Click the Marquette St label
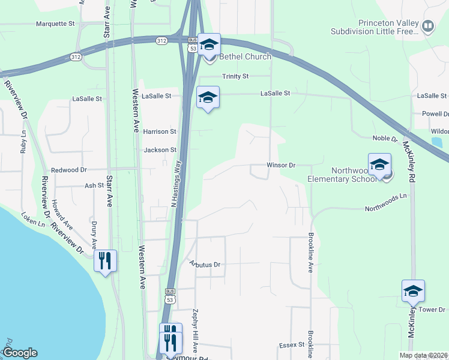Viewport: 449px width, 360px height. coord(55,24)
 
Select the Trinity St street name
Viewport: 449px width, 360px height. coord(235,76)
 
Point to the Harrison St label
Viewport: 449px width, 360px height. coord(160,131)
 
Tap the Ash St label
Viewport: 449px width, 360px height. coord(94,186)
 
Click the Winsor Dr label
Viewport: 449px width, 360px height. coord(282,165)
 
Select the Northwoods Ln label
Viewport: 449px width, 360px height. coord(386,209)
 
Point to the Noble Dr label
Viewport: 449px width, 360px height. coord(385,139)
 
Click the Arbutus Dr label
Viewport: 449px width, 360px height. coord(205,264)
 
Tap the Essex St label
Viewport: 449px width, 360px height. coord(292,346)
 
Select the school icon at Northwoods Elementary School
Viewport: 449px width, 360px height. coord(379,164)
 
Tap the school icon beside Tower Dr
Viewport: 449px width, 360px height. coord(413,291)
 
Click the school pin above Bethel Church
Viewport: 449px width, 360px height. coord(209,44)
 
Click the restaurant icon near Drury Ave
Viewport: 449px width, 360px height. coord(105,260)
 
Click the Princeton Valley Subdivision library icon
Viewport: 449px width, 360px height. coord(428,26)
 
